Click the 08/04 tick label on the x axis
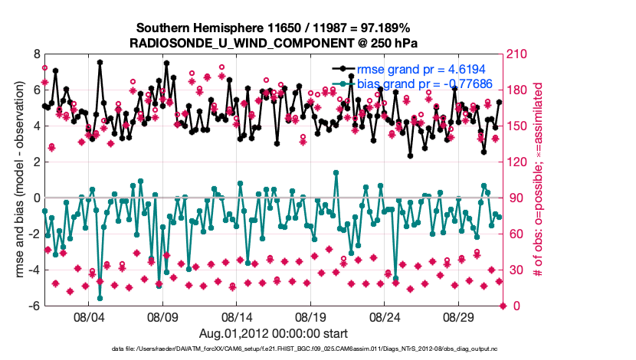tap(88, 317)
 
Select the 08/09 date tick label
tap(162, 317)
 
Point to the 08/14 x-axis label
tap(237, 317)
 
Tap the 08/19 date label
tap(311, 317)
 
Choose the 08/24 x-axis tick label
tap(385, 317)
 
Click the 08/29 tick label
tap(460, 317)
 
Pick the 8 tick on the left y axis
tap(35, 55)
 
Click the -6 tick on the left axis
tap(34, 306)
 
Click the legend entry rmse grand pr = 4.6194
tap(425, 69)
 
